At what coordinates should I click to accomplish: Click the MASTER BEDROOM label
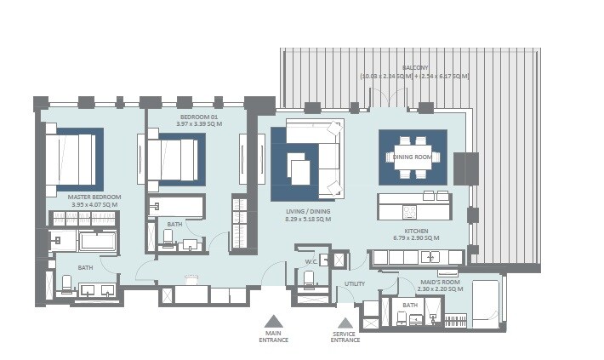coord(94,197)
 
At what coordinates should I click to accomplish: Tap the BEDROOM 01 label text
coord(199,116)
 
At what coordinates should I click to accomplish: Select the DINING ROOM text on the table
coord(413,157)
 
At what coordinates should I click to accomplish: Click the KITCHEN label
coord(415,231)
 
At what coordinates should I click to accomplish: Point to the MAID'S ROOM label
coord(441,283)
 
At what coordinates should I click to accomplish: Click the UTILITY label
coord(355,283)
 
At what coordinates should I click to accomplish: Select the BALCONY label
coord(415,67)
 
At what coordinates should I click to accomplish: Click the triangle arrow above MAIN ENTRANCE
coord(273,323)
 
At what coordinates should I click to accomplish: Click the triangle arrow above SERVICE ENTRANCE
coord(345,323)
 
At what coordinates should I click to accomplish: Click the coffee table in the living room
coord(301,168)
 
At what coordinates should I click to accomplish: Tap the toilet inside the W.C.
coord(309,278)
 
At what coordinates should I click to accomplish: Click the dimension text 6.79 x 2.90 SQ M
coord(415,238)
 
